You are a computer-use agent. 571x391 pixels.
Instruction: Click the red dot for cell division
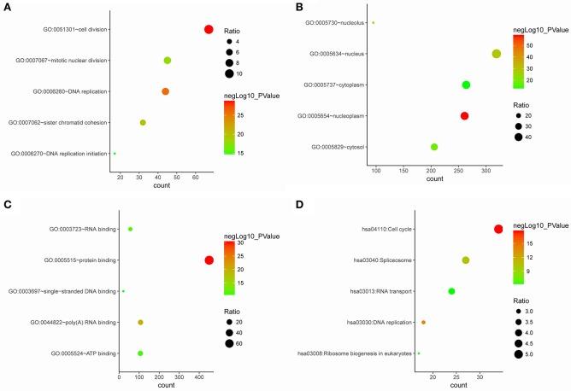[x=209, y=30]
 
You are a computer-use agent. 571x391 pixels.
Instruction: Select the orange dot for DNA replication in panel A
[x=165, y=91]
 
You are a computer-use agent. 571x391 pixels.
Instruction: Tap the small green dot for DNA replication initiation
[x=115, y=154]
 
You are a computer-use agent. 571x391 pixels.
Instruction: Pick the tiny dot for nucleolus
[x=373, y=23]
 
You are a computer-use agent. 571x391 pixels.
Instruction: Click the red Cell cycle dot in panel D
[x=497, y=229]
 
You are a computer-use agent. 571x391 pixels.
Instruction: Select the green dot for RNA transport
[x=451, y=291]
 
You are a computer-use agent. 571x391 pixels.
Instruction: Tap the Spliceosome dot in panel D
[x=466, y=260]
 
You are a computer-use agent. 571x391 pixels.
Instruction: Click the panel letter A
[x=7, y=7]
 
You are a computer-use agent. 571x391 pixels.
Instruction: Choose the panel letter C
[x=7, y=206]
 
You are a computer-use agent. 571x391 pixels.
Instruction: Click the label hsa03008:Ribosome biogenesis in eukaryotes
[x=354, y=353]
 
